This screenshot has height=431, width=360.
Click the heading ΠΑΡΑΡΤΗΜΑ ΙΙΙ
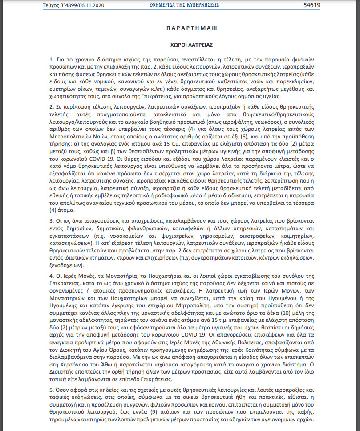tap(186, 28)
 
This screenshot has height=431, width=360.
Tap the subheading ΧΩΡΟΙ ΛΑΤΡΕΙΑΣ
tap(186, 45)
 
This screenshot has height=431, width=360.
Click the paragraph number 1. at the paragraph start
tap(52, 60)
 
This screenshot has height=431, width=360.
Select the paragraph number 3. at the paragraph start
tap(52, 220)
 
